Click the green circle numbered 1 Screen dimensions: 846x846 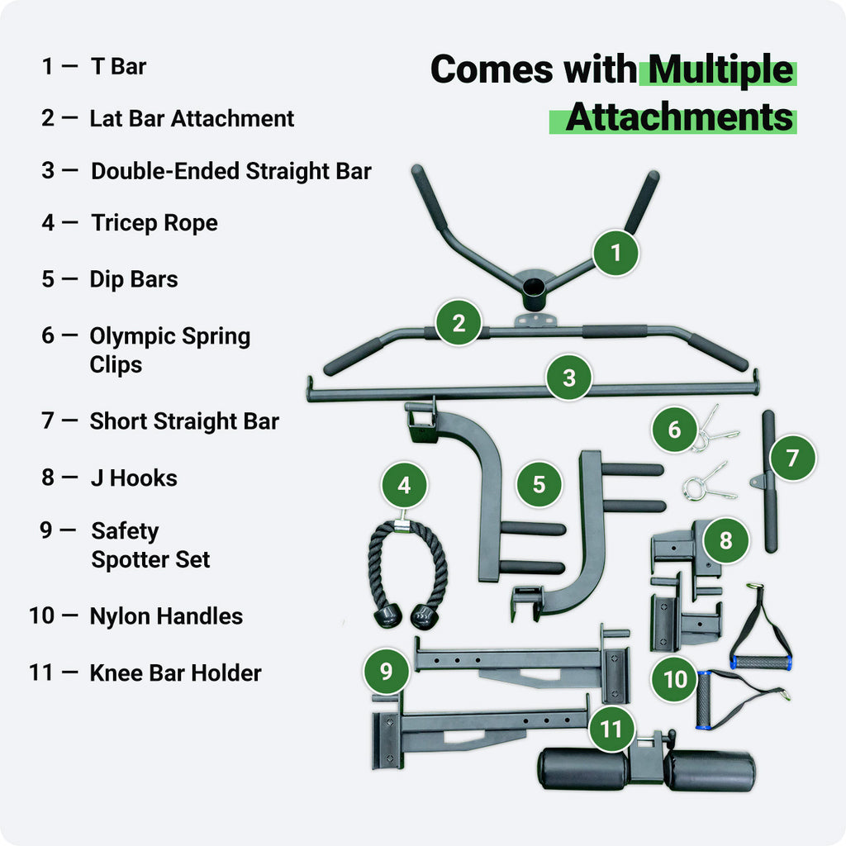coord(616,253)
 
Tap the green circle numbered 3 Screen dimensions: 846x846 coord(568,378)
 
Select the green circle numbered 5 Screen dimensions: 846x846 coord(539,484)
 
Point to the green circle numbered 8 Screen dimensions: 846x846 coord(725,540)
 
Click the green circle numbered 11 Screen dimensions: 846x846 coord(611,730)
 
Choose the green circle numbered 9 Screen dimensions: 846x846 coord(386,671)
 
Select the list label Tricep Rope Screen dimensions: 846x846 coord(154,223)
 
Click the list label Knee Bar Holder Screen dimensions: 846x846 coord(175,673)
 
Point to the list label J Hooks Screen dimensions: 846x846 coord(134,478)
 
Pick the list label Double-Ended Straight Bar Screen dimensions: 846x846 coord(231,171)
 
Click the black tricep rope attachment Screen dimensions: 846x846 coord(406,570)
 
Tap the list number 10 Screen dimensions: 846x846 coord(43,616)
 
